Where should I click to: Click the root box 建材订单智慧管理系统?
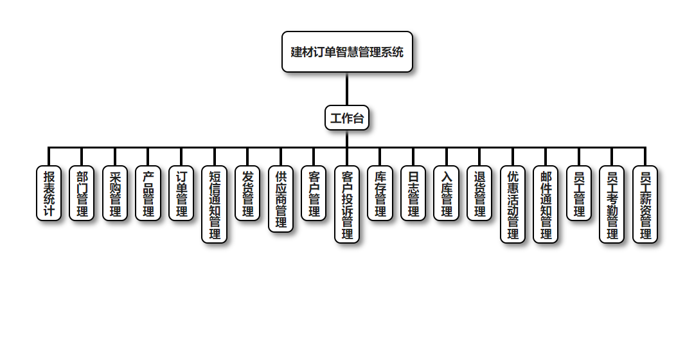pos(347,52)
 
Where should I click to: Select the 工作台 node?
pos(347,118)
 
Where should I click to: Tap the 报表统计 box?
pos(49,194)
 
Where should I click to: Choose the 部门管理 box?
pos(82,194)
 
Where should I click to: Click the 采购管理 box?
pos(115,194)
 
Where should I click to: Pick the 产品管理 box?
pos(148,194)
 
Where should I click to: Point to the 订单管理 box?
pos(181,194)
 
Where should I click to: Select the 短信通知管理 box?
pos(215,204)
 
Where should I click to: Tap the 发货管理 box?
pos(247,194)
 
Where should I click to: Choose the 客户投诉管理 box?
pos(347,204)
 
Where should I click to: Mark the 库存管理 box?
pos(380,194)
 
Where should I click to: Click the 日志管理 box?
pos(413,194)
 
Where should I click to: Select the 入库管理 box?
pos(447,194)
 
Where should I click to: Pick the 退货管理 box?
pos(479,194)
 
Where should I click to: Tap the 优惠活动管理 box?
pos(513,204)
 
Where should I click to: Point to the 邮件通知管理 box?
pos(546,204)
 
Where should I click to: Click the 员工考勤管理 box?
pos(612,204)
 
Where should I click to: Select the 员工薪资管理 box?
pos(645,204)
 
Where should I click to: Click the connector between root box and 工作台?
pos(347,89)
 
